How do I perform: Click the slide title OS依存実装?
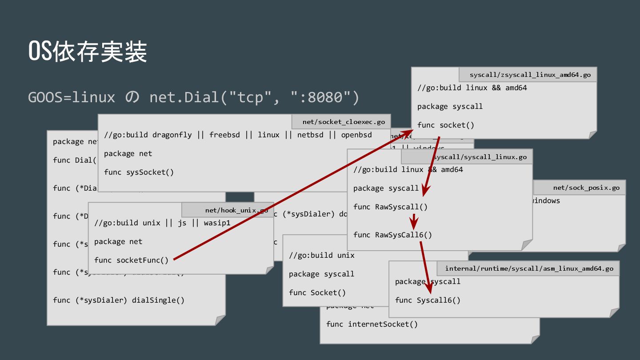pyautogui.click(x=88, y=52)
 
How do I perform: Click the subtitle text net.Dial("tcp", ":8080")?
pyautogui.click(x=254, y=96)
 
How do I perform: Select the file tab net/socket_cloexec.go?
pyautogui.click(x=344, y=122)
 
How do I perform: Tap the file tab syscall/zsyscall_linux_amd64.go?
pyautogui.click(x=530, y=75)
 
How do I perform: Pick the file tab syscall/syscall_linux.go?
pyautogui.click(x=480, y=157)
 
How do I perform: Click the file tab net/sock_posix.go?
pyautogui.click(x=586, y=188)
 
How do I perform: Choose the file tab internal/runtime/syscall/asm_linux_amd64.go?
pyautogui.click(x=529, y=268)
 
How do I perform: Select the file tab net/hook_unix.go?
pyautogui.click(x=236, y=210)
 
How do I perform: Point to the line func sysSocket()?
pyautogui.click(x=139, y=172)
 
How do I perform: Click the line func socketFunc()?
pyautogui.click(x=131, y=260)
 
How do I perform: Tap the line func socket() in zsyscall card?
pyautogui.click(x=445, y=125)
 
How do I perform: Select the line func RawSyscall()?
pyautogui.click(x=390, y=207)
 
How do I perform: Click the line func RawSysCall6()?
pyautogui.click(x=392, y=235)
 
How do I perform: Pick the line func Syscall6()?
pyautogui.click(x=428, y=300)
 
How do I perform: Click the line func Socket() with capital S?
pyautogui.click(x=317, y=292)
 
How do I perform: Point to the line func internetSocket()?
pyautogui.click(x=372, y=324)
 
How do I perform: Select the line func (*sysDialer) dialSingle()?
pyautogui.click(x=118, y=300)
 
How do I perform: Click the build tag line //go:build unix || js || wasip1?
pyautogui.click(x=162, y=223)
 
